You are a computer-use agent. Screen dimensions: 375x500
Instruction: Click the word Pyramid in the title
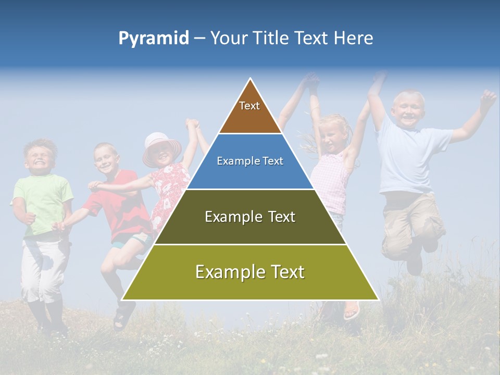point(153,39)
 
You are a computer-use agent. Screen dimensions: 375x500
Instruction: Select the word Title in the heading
point(271,39)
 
